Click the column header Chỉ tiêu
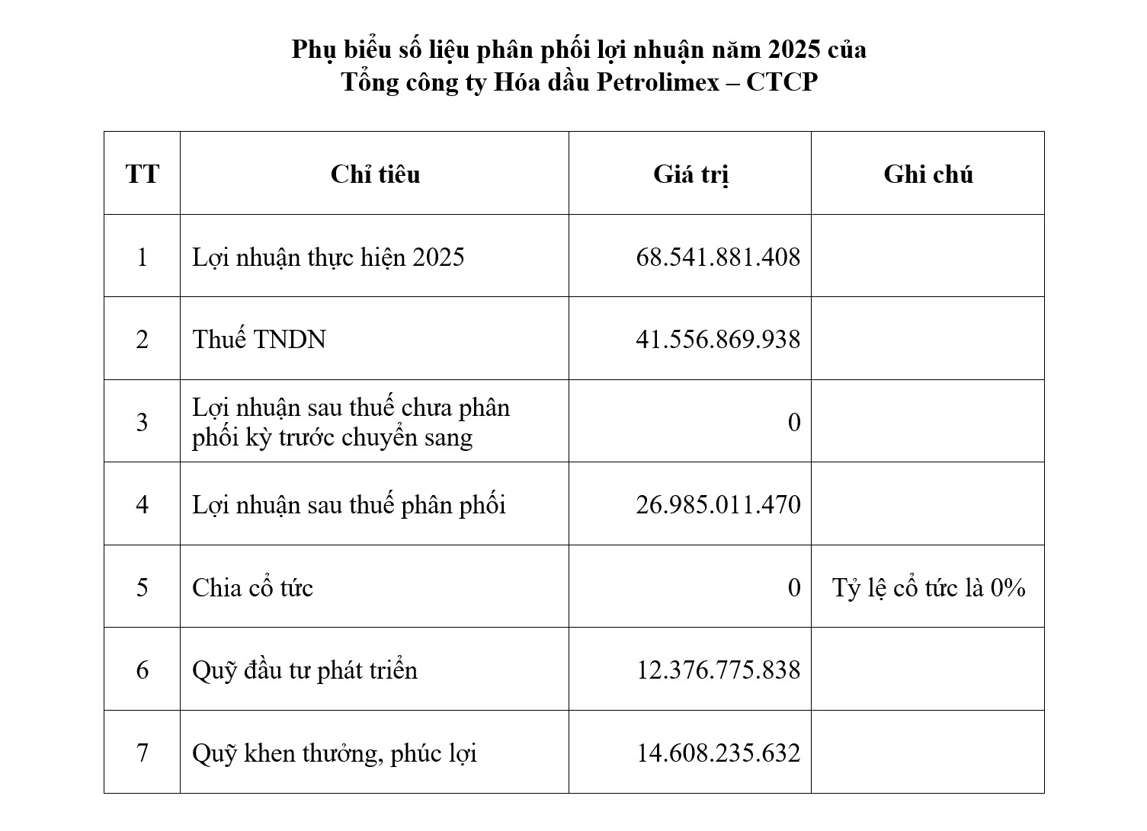(375, 174)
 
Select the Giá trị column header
(690, 174)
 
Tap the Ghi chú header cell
(928, 174)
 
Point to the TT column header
(143, 174)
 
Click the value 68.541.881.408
(718, 257)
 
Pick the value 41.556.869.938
(718, 340)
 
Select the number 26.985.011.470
(718, 505)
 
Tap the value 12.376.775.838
(718, 670)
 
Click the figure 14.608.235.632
(718, 753)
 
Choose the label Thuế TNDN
(259, 340)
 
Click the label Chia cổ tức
(252, 588)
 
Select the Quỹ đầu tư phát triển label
(305, 670)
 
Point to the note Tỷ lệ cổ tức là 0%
(928, 588)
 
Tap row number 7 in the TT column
(143, 753)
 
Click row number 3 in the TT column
(143, 422)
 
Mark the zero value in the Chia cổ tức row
(794, 588)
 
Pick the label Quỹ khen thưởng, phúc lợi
(335, 753)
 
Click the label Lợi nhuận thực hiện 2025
(328, 257)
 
